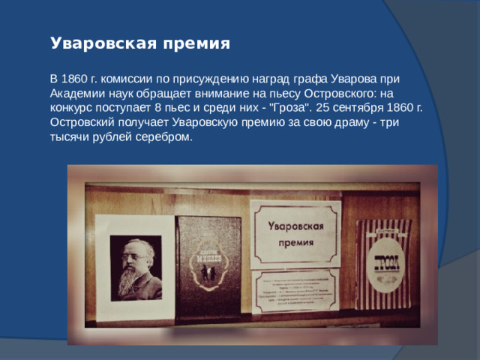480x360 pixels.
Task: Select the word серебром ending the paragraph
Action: click(x=164, y=138)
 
